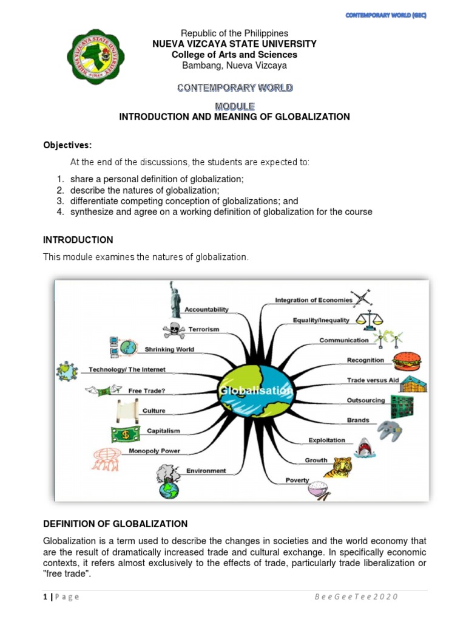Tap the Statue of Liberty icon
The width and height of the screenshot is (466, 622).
175,299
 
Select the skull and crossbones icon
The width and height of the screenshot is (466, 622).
174,330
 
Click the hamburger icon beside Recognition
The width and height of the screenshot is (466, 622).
404,361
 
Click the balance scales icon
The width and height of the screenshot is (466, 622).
369,319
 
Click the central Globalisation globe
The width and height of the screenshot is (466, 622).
258,391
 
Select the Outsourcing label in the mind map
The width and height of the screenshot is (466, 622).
365,400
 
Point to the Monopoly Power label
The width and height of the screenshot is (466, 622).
154,451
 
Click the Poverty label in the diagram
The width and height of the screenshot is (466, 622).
297,480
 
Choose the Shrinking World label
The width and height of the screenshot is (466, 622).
169,349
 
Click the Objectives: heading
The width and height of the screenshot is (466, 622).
67,145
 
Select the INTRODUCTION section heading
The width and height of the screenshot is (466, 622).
78,240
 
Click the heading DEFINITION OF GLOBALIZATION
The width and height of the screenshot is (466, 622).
115,524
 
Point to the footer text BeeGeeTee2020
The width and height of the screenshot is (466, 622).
356,596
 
